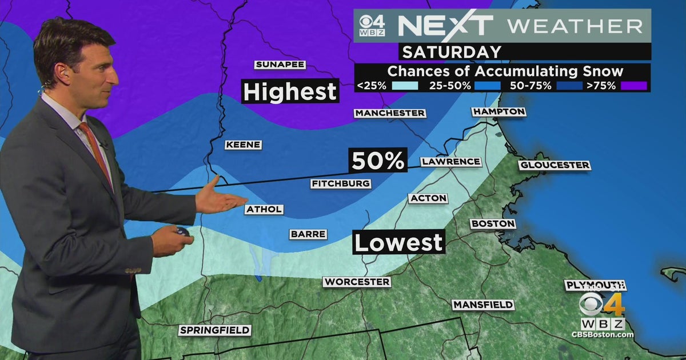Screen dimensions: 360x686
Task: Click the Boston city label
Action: [493, 224]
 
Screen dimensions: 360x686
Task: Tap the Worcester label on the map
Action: [357, 282]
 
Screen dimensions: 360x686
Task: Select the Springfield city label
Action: [214, 330]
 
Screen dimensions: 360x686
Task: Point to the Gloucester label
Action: [555, 165]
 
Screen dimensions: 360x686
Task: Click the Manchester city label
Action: [390, 113]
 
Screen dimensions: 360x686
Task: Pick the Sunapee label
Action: [280, 65]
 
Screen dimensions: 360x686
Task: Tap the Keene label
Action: [243, 145]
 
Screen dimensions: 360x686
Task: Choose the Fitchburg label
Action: [341, 184]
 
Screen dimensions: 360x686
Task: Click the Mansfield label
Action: [483, 305]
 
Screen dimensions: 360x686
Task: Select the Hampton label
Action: [499, 111]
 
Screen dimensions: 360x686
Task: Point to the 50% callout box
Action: [378, 161]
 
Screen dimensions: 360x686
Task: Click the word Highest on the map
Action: [290, 91]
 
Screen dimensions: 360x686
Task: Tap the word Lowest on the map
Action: [398, 242]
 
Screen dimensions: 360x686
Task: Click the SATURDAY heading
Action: [452, 52]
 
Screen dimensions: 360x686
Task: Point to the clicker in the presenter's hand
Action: [183, 232]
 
